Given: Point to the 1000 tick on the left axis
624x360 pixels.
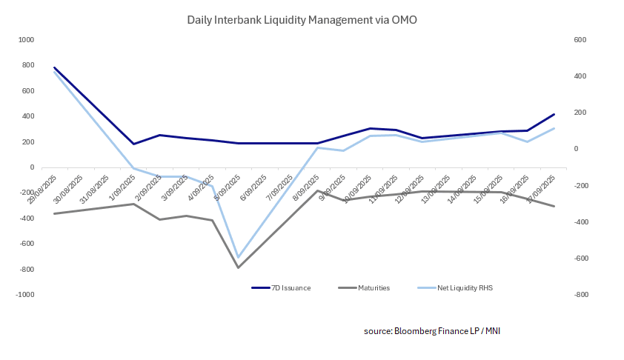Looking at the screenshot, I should pyautogui.click(x=27, y=40).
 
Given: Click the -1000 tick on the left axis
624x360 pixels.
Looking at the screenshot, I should pyautogui.click(x=25, y=295).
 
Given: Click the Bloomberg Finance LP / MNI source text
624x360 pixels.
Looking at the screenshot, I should pyautogui.click(x=432, y=330).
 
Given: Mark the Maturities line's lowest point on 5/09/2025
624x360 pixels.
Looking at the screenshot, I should pyautogui.click(x=238, y=267).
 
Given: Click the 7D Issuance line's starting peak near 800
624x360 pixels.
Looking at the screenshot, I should pyautogui.click(x=54, y=67).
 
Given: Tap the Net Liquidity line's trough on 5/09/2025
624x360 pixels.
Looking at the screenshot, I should pyautogui.click(x=238, y=257).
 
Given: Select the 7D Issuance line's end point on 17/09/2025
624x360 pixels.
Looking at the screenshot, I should pyautogui.click(x=554, y=114).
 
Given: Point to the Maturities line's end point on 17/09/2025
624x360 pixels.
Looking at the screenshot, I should pyautogui.click(x=554, y=206).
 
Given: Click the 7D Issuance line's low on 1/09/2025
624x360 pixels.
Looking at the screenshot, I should pyautogui.click(x=133, y=144).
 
